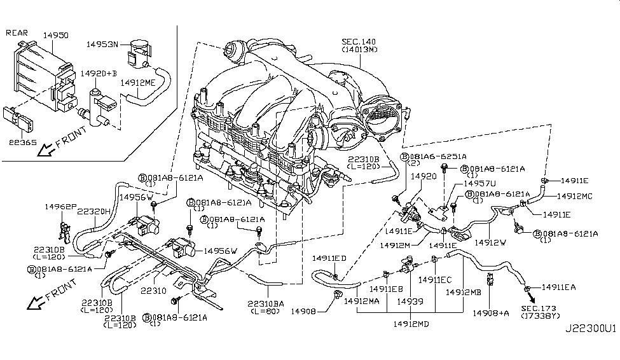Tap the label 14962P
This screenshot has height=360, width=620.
click(60, 207)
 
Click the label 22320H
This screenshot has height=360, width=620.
click(95, 211)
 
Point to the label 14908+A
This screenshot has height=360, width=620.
click(491, 313)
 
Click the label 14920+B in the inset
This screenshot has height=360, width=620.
click(98, 73)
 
